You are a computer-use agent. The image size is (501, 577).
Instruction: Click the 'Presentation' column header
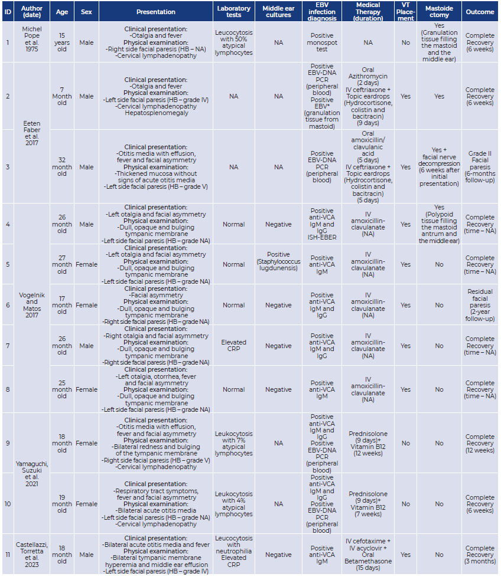click(x=156, y=12)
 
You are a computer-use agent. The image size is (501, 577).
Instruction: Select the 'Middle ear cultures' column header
click(x=278, y=12)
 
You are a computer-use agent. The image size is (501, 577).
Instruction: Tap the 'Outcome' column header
click(x=480, y=12)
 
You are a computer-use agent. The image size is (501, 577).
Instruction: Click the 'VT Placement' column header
click(x=405, y=12)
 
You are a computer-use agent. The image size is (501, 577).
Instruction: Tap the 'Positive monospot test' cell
click(x=322, y=42)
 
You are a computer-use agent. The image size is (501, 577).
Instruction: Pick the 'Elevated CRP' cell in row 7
click(x=234, y=346)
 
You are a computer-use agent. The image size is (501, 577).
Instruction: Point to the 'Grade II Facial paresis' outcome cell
click(x=480, y=167)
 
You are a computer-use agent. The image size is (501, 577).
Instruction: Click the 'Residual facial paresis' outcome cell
click(x=480, y=305)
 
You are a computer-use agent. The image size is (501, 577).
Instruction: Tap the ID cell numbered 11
click(x=8, y=555)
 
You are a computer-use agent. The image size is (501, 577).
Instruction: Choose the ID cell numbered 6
click(x=8, y=305)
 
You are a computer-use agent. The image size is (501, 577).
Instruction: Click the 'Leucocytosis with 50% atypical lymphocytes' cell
click(x=234, y=42)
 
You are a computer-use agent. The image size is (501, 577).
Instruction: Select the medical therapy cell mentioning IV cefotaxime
click(x=368, y=555)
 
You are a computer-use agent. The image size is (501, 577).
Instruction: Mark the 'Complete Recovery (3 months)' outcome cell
click(x=480, y=555)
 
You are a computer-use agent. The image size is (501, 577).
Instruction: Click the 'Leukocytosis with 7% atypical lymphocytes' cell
click(x=234, y=443)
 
